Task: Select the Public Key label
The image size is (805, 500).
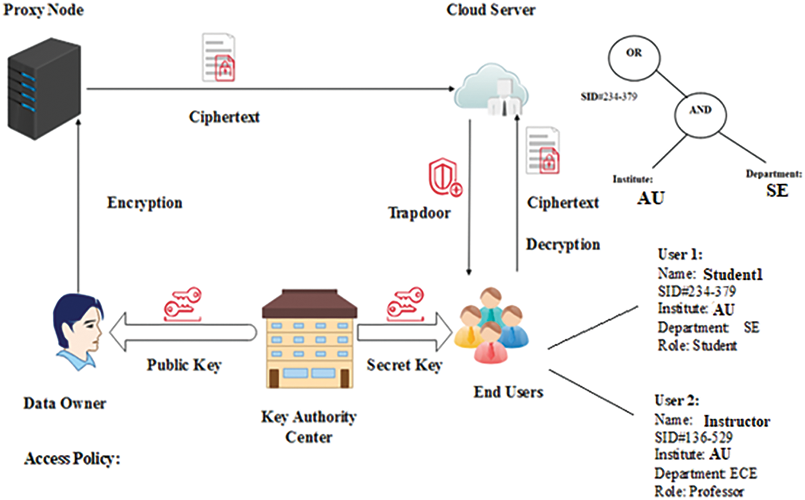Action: [184, 366]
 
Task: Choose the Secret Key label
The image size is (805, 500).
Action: [404, 366]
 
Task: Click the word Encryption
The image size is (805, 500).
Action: [144, 203]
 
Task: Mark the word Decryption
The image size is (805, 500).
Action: [563, 245]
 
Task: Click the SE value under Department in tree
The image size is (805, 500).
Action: [777, 191]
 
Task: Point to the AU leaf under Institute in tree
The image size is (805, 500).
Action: [650, 198]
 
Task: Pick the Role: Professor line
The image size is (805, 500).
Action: [699, 492]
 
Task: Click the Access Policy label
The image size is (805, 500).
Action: [72, 460]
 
